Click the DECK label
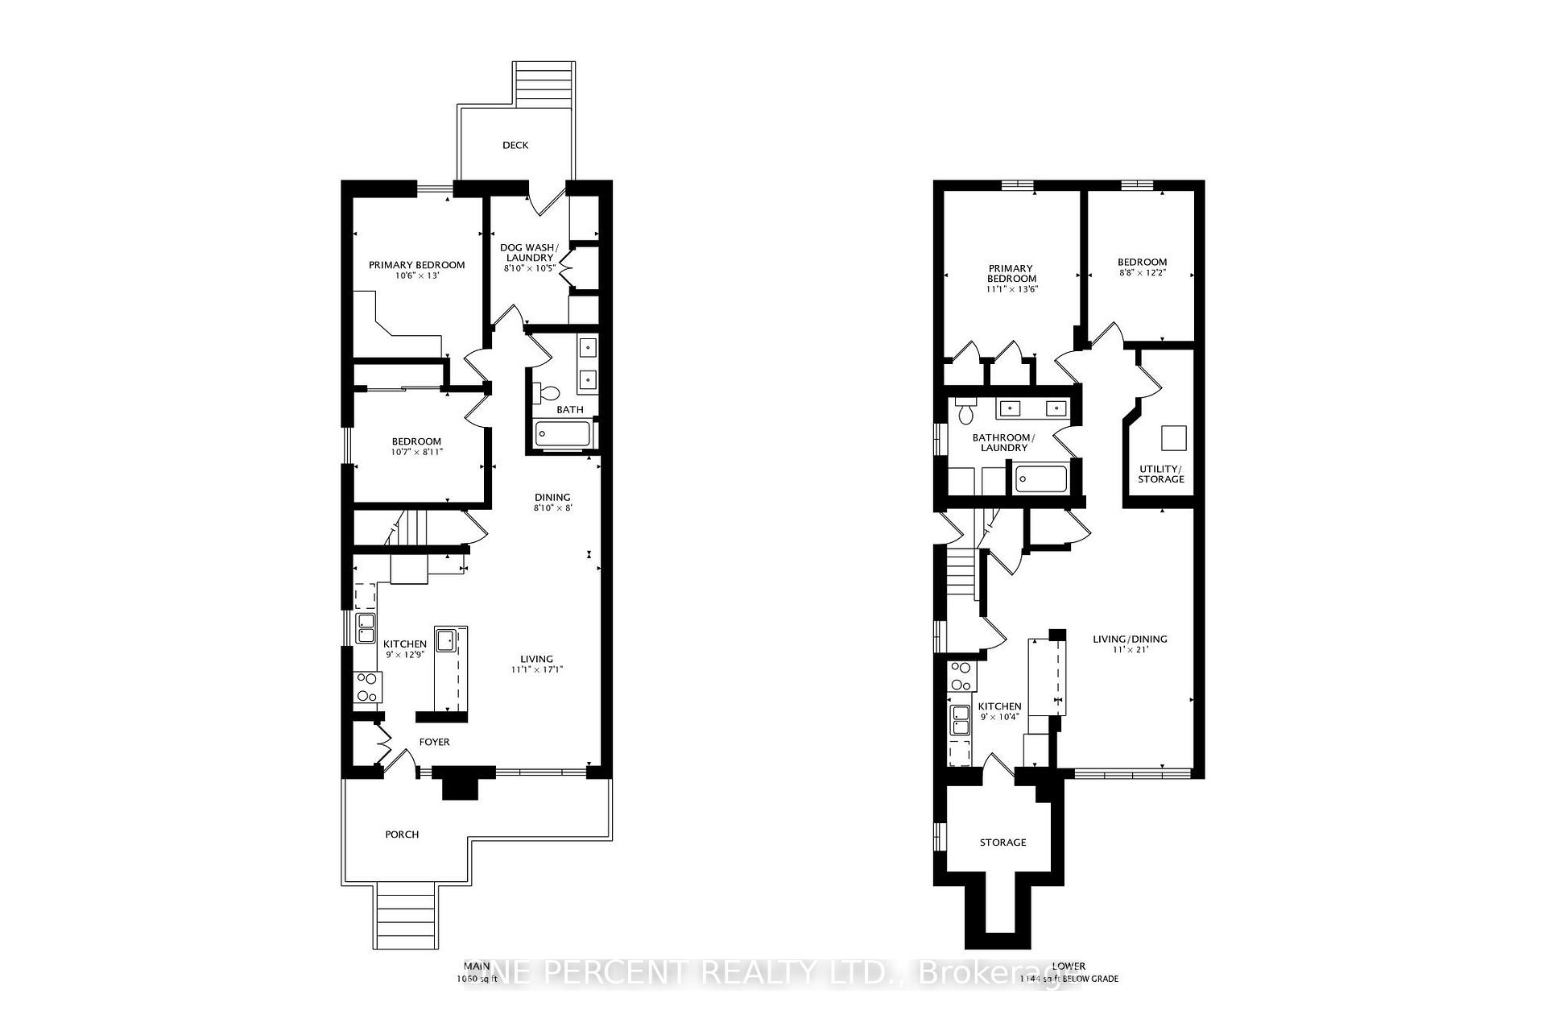point(515,145)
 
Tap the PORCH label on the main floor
point(402,834)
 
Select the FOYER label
point(434,742)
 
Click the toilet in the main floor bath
point(548,394)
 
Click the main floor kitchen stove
point(368,687)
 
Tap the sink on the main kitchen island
point(445,641)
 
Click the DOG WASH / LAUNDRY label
point(529,252)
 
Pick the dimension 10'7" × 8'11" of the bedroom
point(417,452)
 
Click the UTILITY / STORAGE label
point(1160,474)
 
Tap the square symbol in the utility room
point(1173,438)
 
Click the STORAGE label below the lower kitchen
point(1002,843)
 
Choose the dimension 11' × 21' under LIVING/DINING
point(1130,649)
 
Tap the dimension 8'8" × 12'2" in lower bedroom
point(1142,272)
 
